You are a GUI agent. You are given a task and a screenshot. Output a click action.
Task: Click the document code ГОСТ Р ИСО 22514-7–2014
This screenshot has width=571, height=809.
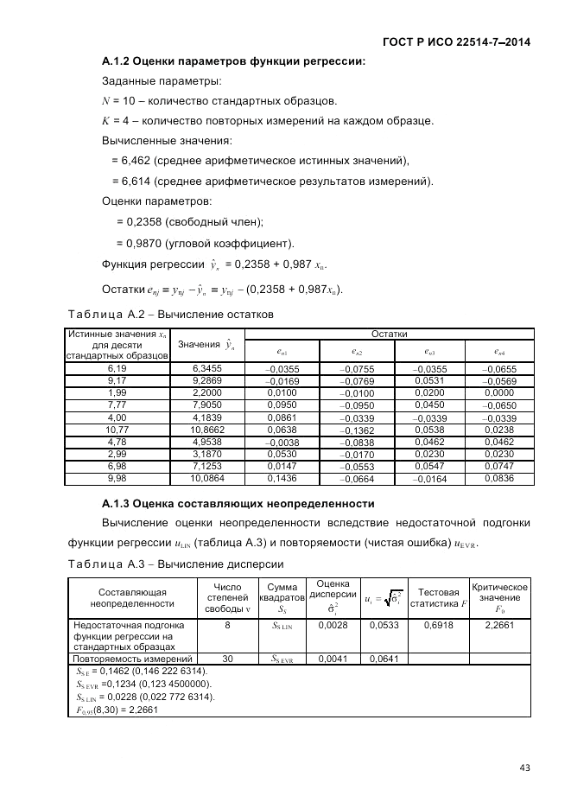[455, 41]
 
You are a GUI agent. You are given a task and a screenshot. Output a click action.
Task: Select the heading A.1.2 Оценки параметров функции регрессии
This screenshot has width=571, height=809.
[233, 61]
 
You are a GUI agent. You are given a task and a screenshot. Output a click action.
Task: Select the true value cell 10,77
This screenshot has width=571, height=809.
[117, 429]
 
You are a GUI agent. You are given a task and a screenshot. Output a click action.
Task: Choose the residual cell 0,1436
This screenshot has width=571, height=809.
[282, 477]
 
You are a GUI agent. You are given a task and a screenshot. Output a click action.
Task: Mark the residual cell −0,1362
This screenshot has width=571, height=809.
[357, 430]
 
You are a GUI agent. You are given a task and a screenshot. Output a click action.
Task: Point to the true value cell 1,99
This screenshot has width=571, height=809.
[117, 392]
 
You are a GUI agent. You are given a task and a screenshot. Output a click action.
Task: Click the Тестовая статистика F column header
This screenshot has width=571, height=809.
[438, 597]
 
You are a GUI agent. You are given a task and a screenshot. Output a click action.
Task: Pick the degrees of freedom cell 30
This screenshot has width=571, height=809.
[227, 659]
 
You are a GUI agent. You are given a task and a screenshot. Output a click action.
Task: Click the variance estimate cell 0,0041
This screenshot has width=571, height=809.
[333, 659]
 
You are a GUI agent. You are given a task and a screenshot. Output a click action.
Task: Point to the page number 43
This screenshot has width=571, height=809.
[524, 767]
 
